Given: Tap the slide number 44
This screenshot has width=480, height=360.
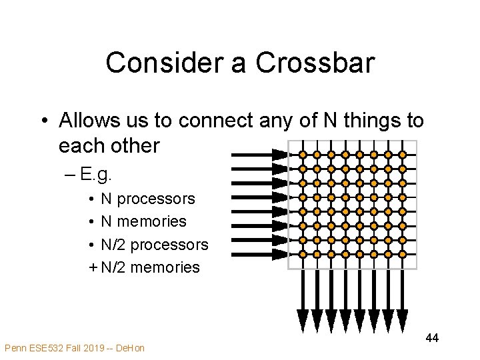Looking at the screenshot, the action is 432,339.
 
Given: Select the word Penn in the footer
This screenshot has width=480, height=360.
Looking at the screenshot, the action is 16,347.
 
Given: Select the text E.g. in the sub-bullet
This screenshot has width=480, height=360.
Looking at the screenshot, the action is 97,175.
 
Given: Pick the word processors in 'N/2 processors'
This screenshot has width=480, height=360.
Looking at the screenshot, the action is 169,245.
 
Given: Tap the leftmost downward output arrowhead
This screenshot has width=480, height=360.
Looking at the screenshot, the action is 303,321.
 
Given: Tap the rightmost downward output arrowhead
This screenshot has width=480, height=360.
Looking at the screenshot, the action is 402,321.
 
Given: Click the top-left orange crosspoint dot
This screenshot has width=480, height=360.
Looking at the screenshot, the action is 303,155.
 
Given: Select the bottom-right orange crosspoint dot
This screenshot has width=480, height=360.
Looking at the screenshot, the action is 402,254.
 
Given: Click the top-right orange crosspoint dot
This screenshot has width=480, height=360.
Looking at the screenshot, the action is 402,155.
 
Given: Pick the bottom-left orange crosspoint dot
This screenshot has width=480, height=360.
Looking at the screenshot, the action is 303,254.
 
